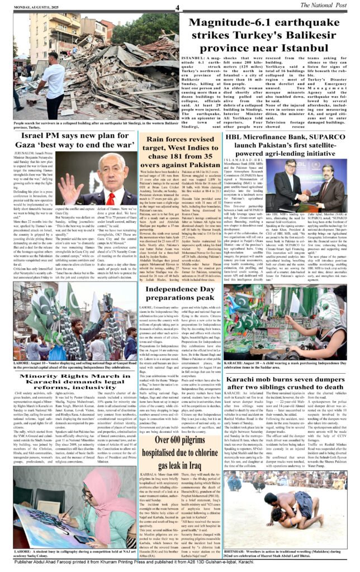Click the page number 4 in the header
(176, 7)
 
